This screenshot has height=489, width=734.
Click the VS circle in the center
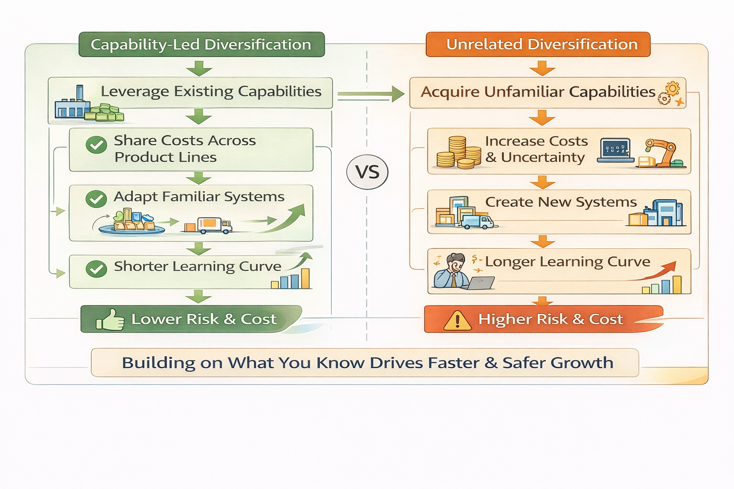(x=367, y=172)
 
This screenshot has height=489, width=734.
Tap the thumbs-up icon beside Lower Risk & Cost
(x=110, y=319)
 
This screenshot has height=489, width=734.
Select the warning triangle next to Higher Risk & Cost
(x=457, y=320)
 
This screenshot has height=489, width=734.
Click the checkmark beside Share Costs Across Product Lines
(x=96, y=144)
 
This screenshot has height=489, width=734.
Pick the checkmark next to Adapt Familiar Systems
(x=96, y=199)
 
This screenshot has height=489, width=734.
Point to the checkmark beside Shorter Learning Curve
(x=96, y=269)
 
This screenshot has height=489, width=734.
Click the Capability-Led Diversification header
(x=201, y=44)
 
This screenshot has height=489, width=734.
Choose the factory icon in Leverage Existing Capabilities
(x=72, y=103)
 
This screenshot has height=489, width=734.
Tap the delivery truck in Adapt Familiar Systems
(x=214, y=225)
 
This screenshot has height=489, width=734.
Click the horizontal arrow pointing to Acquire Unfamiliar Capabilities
(x=371, y=94)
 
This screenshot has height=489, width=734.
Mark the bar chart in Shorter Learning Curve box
(x=291, y=280)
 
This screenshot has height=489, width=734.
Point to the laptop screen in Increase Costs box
(x=615, y=149)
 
